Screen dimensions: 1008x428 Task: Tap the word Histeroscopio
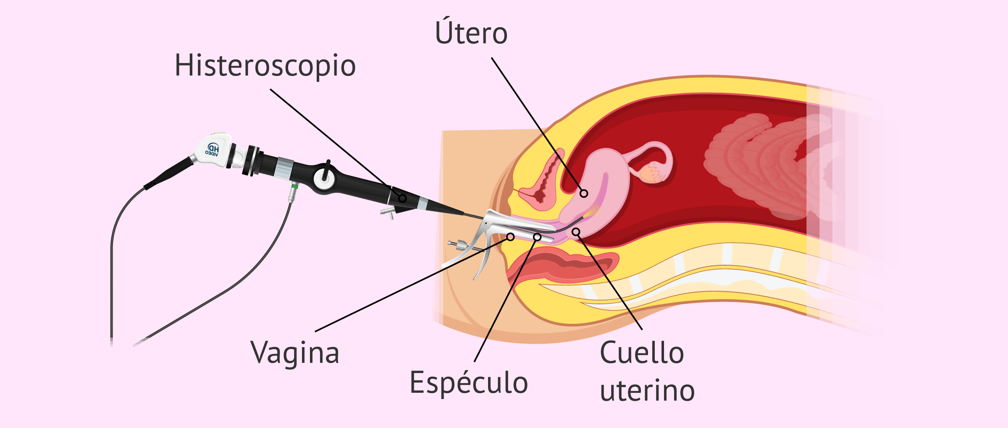265,66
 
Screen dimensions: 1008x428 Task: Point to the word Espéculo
469,382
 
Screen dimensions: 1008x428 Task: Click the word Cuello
642,352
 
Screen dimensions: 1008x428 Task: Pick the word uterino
647,391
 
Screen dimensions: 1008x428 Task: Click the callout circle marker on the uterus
584,193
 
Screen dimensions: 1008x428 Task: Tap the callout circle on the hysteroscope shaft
402,198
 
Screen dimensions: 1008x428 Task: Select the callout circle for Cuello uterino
576,232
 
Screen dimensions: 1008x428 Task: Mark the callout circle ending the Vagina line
510,237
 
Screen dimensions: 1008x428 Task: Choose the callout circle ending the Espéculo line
537,237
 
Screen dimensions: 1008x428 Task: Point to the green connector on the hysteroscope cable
295,185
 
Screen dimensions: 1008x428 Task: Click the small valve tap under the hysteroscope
388,213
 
